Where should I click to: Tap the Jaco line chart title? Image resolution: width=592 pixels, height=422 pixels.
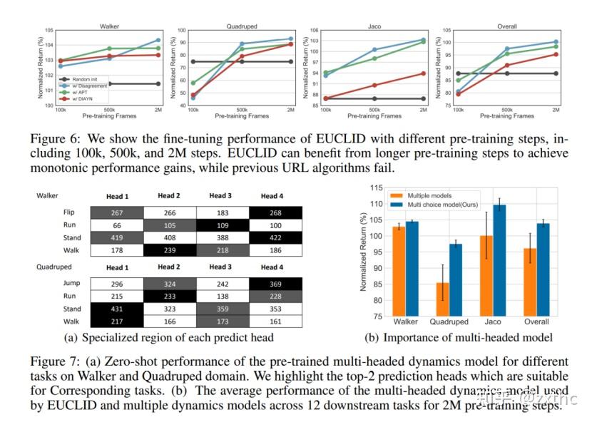374,26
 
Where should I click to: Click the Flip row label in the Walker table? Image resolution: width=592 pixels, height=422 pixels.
69,212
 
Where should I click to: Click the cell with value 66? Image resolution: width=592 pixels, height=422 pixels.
117,225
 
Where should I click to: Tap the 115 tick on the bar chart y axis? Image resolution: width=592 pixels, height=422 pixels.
374,187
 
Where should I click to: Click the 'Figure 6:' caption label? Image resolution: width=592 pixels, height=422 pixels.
54,135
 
